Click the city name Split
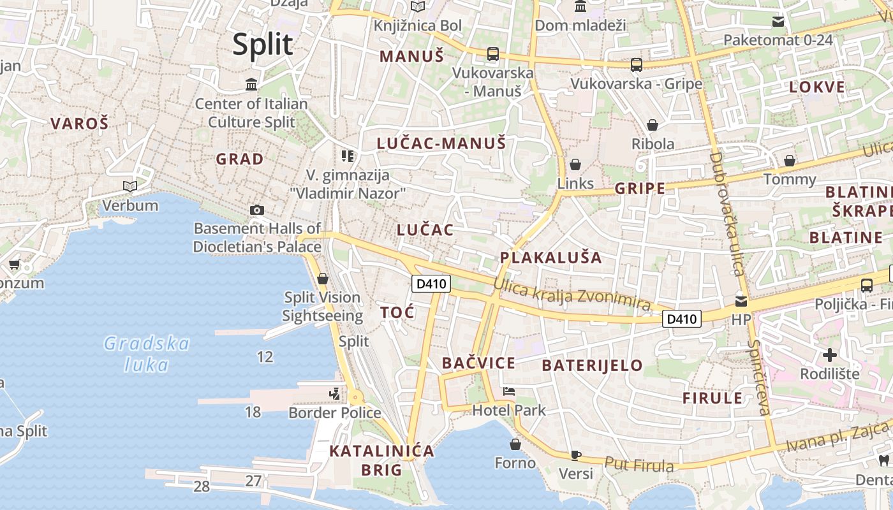point(262,45)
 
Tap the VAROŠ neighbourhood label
point(80,124)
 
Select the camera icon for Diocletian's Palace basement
point(257,210)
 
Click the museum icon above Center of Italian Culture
point(251,84)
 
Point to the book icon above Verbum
point(130,186)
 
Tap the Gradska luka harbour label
point(147,354)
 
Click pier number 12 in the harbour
point(265,357)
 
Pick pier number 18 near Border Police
point(253,412)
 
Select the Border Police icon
point(335,394)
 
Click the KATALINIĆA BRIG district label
point(381,460)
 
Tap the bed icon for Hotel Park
point(509,391)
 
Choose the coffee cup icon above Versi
point(575,455)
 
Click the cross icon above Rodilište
point(830,354)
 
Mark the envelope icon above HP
point(741,301)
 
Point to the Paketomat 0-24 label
point(778,40)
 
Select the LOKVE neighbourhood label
point(817,87)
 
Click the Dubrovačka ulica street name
point(727,214)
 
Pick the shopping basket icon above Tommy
point(790,161)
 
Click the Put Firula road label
point(638,465)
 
